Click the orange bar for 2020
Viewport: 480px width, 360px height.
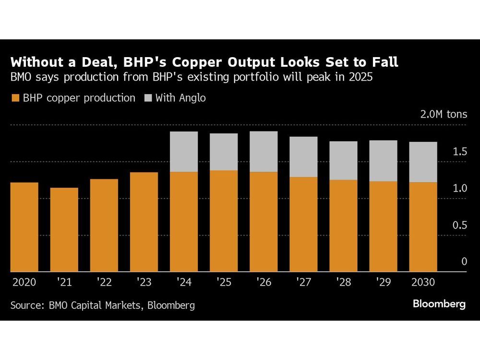pos(24,227)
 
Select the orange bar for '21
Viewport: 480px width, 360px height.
pos(64,229)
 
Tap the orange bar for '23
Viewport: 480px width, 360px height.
pos(144,222)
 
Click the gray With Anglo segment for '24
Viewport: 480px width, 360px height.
pos(184,152)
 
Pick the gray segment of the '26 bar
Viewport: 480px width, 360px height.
pos(264,152)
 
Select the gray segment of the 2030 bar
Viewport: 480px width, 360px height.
pos(423,162)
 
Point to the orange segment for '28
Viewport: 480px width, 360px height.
pos(343,226)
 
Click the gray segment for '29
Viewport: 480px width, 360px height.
pos(383,161)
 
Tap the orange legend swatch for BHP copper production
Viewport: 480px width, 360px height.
pos(15,98)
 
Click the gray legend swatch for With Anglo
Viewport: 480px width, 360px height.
pos(147,98)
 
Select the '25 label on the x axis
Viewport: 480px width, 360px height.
pos(224,282)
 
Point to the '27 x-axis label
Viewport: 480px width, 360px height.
pos(303,282)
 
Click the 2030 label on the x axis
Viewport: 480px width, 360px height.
pos(423,282)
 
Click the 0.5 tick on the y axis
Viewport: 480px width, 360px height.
pos(460,225)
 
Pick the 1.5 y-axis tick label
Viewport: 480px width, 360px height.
pos(460,152)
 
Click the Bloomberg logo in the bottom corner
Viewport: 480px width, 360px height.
pos(439,304)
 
